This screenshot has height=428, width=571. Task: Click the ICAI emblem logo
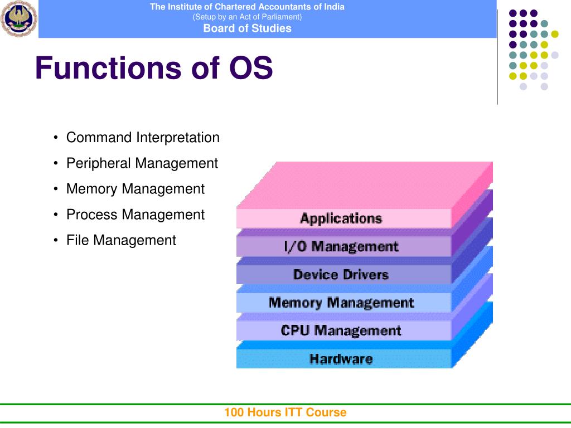tap(18, 19)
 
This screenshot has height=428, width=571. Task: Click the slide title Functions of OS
tap(154, 69)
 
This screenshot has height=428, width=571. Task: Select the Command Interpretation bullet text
tap(143, 138)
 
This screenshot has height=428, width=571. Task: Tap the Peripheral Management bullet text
tap(142, 163)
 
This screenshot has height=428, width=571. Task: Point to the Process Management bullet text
tap(136, 215)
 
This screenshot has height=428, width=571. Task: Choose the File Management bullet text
tap(121, 240)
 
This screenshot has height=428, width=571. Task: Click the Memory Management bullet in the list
tap(136, 189)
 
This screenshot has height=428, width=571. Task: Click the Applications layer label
tap(341, 218)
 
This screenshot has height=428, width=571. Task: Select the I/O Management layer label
tap(341, 246)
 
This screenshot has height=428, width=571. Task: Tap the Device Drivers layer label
tap(341, 275)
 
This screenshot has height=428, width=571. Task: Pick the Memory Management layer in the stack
tap(341, 303)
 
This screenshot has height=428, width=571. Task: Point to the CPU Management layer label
tap(341, 330)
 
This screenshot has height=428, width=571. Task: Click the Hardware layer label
tap(341, 359)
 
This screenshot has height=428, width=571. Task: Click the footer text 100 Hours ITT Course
tap(285, 412)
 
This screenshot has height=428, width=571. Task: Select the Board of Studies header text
tap(247, 28)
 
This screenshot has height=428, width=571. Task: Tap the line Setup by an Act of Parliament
tap(247, 17)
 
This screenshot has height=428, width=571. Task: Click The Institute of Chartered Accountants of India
tap(247, 7)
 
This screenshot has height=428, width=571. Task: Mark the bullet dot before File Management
tap(57, 240)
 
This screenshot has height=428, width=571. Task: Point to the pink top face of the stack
tap(362, 184)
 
